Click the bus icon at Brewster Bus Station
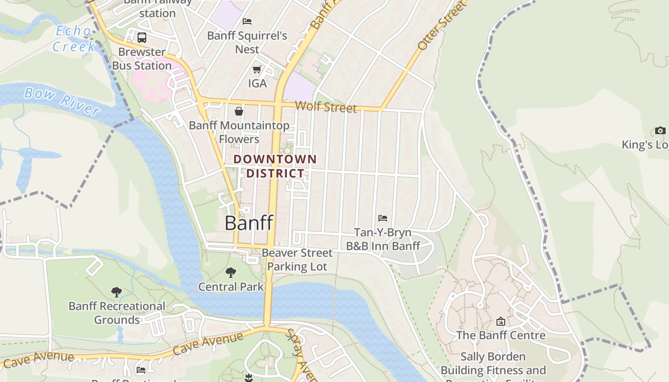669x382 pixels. click(x=142, y=38)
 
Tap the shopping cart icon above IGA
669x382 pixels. click(x=257, y=70)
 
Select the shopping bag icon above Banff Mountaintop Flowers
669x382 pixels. click(x=238, y=111)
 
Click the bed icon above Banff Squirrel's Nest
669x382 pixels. click(x=247, y=21)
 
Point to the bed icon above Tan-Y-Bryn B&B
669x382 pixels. click(x=383, y=218)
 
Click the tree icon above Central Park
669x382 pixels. click(x=231, y=273)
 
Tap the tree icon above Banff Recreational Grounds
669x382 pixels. click(x=116, y=292)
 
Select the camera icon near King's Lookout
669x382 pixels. click(x=660, y=131)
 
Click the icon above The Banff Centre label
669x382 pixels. click(x=501, y=321)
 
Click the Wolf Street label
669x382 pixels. click(x=326, y=107)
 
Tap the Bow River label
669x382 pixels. click(x=62, y=101)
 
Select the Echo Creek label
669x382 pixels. click(x=74, y=39)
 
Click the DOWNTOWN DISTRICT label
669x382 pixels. click(x=275, y=166)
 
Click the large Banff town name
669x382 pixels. click(x=249, y=223)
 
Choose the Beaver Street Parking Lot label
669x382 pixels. click(x=297, y=260)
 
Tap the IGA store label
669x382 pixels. click(x=257, y=84)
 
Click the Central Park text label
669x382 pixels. click(x=231, y=287)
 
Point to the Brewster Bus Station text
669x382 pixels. click(x=141, y=59)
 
